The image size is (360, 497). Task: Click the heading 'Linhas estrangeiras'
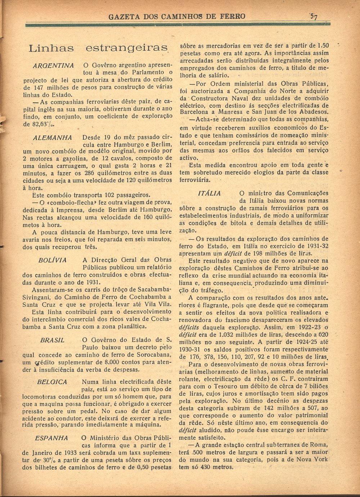(x=98, y=48)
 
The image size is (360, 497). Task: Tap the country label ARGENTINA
(x=53, y=66)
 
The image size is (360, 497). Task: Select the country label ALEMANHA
(x=53, y=138)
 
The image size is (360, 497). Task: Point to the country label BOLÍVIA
(x=53, y=260)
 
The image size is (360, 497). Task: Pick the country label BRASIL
(x=53, y=340)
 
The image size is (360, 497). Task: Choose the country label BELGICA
(x=52, y=382)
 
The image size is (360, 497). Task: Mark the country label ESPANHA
(x=51, y=438)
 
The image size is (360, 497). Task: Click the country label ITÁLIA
(x=210, y=193)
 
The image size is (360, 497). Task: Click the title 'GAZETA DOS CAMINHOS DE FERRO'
(x=177, y=16)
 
